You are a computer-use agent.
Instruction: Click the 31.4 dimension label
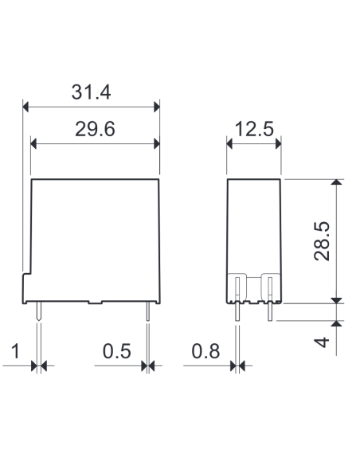[91, 92]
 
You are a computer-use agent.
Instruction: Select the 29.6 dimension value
[95, 129]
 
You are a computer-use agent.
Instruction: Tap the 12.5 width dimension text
[254, 129]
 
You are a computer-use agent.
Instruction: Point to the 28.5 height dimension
[322, 241]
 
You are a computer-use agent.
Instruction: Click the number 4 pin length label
[322, 342]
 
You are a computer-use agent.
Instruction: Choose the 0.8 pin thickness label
[205, 351]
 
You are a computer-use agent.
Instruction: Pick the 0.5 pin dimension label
[116, 351]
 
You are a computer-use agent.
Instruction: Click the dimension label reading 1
[15, 351]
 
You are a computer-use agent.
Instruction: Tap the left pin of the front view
[39, 311]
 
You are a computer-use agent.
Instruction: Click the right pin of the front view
[148, 311]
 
